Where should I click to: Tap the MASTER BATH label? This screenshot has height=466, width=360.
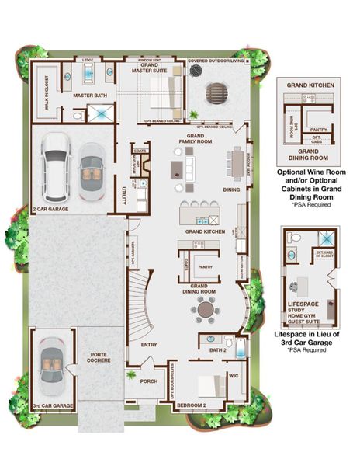point(88,96)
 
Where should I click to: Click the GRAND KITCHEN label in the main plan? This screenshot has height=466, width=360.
point(205,231)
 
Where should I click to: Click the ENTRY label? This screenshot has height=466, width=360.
point(149,343)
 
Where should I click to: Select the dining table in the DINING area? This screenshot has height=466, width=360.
point(235,164)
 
